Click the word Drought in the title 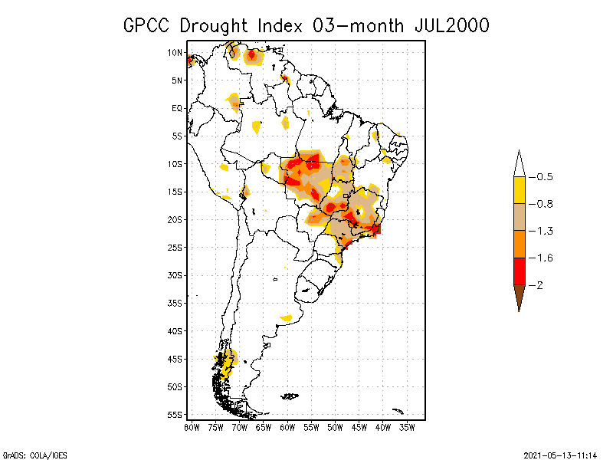point(214,26)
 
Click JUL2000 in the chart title point(452,26)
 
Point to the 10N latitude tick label point(175,52)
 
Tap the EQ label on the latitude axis point(177,108)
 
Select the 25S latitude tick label point(175,248)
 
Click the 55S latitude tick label point(175,415)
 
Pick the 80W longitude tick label point(192,428)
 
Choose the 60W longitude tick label point(287,428)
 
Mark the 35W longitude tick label point(407,428)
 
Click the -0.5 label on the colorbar point(541,177)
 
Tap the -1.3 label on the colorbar point(541,231)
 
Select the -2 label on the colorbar point(536,285)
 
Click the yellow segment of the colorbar point(520,190)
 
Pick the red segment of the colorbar point(520,271)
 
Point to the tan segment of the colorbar point(520,217)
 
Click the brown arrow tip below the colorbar point(520,312)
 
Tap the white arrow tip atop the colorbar point(520,150)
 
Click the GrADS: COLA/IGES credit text point(35,455)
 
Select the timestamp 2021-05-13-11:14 point(560,455)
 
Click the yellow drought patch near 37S point(287,317)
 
